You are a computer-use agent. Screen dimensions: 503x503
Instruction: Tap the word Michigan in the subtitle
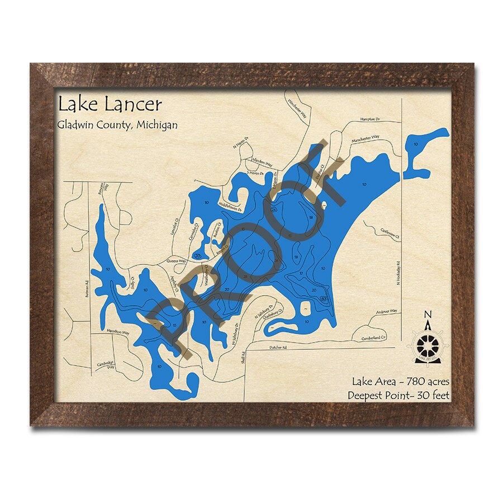tap(156, 125)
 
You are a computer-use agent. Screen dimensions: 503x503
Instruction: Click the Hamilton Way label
tap(118, 333)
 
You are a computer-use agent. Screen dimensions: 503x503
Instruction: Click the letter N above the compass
tap(428, 314)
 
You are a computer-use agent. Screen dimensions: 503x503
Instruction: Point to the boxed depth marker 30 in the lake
tap(325, 300)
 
